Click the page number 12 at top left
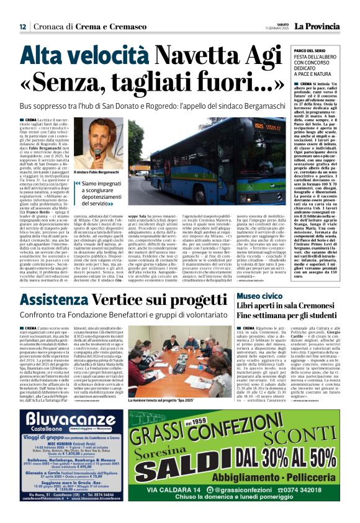[22, 27]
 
